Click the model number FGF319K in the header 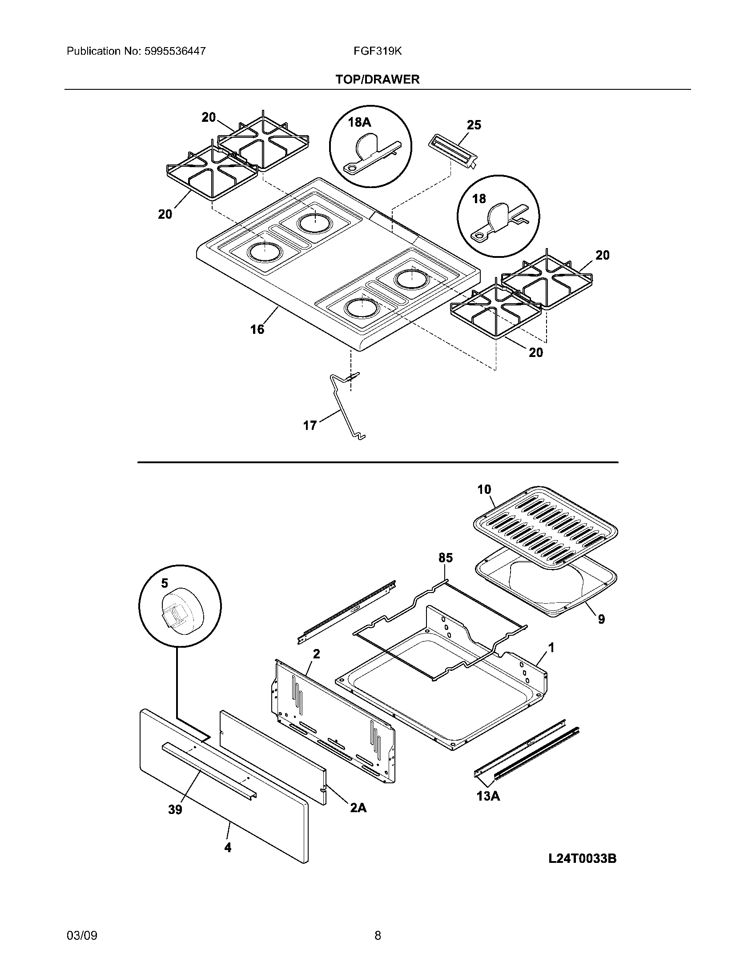tap(377, 52)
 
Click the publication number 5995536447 tap(175, 52)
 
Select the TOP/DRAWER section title tap(378, 80)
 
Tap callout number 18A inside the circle tap(360, 122)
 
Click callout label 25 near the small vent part tap(474, 125)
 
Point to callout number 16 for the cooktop tap(257, 329)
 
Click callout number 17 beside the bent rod tap(310, 425)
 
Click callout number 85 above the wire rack tap(445, 558)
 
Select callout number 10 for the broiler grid tap(484, 490)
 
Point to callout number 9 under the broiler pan tap(601, 619)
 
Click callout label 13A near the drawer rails tap(488, 796)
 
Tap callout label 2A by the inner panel tap(358, 808)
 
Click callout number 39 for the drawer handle tap(175, 810)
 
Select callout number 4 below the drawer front tap(228, 848)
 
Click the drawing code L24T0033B tap(582, 859)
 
